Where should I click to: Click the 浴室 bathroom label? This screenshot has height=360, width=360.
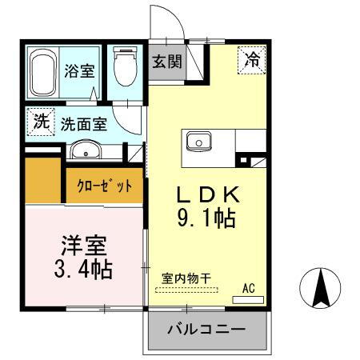pyautogui.click(x=78, y=70)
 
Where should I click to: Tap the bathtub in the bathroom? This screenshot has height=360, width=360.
pyautogui.click(x=43, y=74)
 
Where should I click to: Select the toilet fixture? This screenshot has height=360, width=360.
pyautogui.click(x=124, y=70)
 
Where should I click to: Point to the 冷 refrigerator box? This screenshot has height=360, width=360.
pyautogui.click(x=252, y=59)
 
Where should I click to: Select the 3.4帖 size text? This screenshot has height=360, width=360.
pyautogui.click(x=83, y=267)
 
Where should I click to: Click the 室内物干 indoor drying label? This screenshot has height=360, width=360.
pyautogui.click(x=186, y=278)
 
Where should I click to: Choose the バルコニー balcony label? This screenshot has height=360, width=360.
pyautogui.click(x=206, y=329)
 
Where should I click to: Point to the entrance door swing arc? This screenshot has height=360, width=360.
pyautogui.click(x=162, y=20)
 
